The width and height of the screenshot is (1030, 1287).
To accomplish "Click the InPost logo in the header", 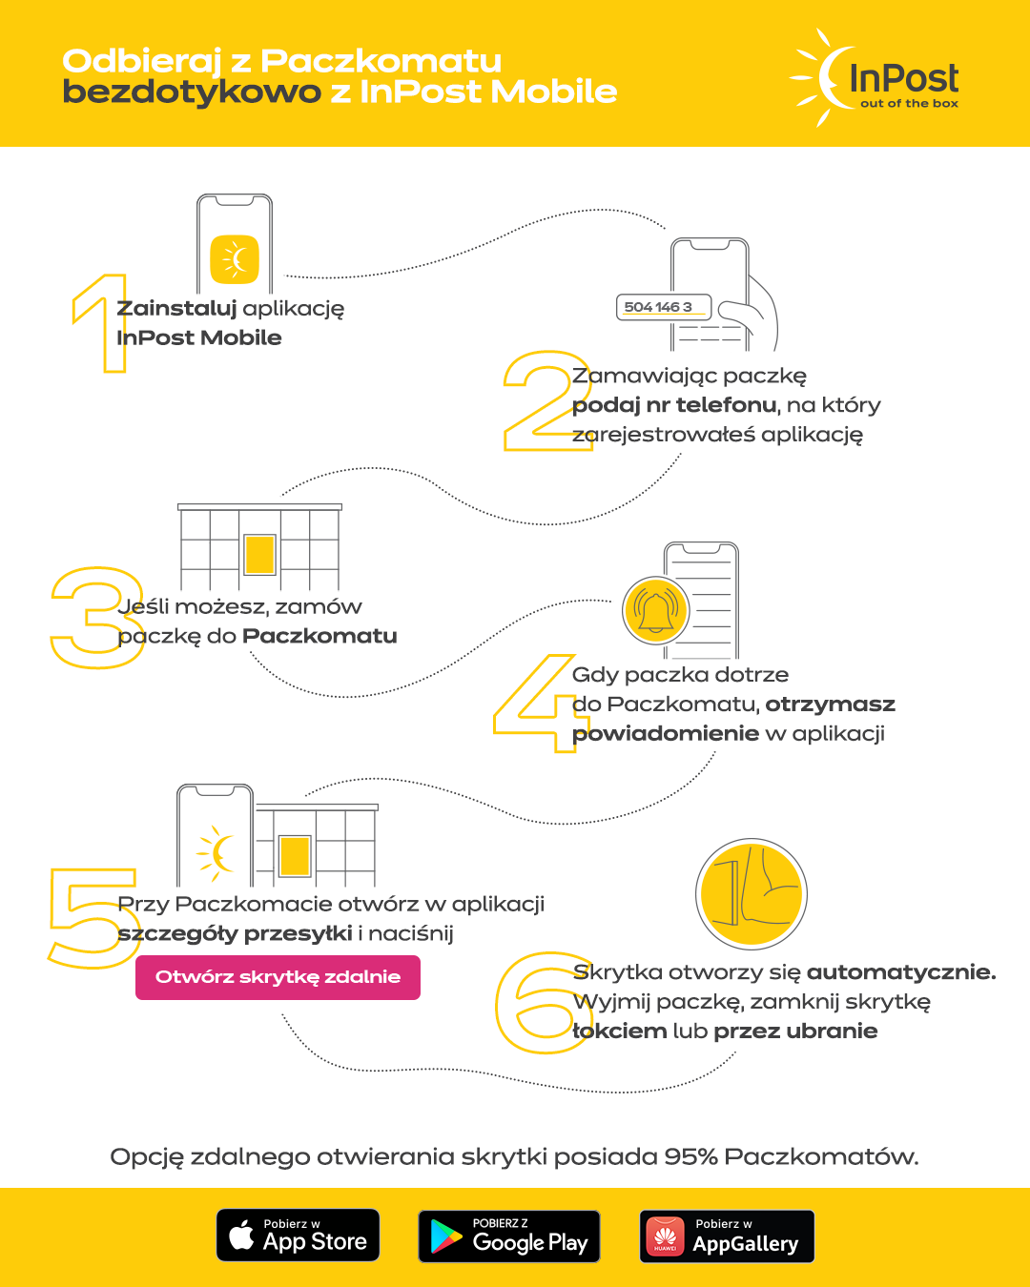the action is pyautogui.click(x=874, y=78).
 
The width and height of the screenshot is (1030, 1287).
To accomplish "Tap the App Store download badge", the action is pyautogui.click(x=298, y=1235).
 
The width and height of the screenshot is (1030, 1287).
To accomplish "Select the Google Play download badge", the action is pyautogui.click(x=508, y=1236).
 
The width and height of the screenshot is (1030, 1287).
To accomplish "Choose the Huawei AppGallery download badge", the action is pyautogui.click(x=727, y=1236).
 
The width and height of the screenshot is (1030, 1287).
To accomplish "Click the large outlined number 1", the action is pyautogui.click(x=113, y=323).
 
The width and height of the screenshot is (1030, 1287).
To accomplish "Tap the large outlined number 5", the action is pyautogui.click(x=93, y=917).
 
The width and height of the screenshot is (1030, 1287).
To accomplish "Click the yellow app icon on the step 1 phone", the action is pyautogui.click(x=235, y=259).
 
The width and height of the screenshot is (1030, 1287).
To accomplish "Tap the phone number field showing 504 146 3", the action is pyautogui.click(x=664, y=307).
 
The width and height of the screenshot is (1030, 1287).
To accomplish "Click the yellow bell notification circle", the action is pyautogui.click(x=655, y=610).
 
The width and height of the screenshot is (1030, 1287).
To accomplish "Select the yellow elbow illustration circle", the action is pyautogui.click(x=752, y=893).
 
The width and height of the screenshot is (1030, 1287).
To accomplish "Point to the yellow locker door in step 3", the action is pyautogui.click(x=259, y=555).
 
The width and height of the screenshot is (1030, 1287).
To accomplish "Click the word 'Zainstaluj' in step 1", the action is pyautogui.click(x=176, y=309).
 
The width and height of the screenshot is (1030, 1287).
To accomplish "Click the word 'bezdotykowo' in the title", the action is pyautogui.click(x=192, y=92).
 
